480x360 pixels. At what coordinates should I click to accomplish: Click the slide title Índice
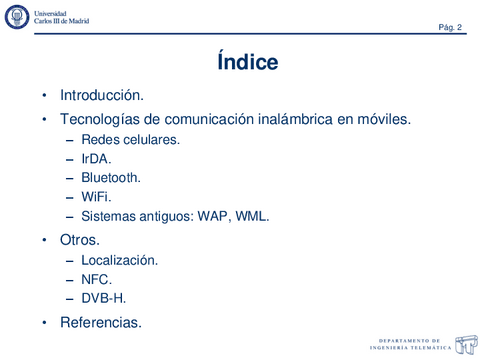pyautogui.click(x=247, y=63)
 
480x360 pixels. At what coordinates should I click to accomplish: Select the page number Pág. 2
pyautogui.click(x=449, y=27)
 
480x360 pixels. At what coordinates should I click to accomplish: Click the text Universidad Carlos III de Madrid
pyautogui.click(x=61, y=16)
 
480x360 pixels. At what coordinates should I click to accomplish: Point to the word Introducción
pyautogui.click(x=102, y=96)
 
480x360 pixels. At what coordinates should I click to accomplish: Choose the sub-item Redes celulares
pyautogui.click(x=130, y=140)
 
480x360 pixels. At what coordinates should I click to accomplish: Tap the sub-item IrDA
pyautogui.click(x=96, y=159)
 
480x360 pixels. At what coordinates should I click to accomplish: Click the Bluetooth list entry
pyautogui.click(x=111, y=178)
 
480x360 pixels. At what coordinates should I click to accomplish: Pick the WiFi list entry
pyautogui.click(x=96, y=197)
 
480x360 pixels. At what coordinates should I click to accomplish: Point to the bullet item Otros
pyautogui.click(x=80, y=241)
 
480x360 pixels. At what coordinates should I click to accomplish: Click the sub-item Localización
pyautogui.click(x=119, y=260)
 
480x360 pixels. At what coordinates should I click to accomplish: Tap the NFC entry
pyautogui.click(x=96, y=279)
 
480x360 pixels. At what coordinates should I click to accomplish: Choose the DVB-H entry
pyautogui.click(x=103, y=298)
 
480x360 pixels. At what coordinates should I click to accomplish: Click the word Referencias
pyautogui.click(x=101, y=322)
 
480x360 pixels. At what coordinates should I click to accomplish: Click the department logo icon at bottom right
pyautogui.click(x=465, y=343)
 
